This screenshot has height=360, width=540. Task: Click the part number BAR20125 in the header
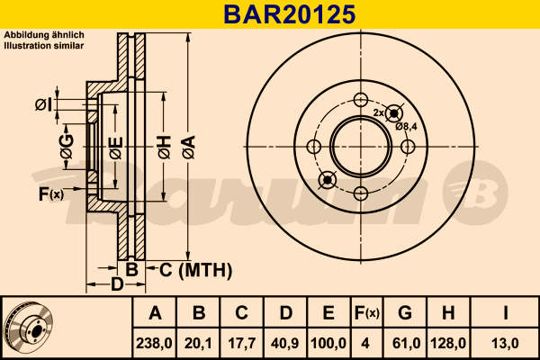(289, 14)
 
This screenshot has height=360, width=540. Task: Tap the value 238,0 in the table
(154, 344)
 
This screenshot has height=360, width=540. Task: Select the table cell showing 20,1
(198, 344)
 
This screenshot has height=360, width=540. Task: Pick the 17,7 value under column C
(242, 344)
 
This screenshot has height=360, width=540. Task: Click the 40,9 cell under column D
(285, 344)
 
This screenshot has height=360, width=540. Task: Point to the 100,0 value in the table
(328, 344)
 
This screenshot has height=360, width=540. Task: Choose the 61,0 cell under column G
(407, 344)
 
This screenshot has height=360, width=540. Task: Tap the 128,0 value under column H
(448, 344)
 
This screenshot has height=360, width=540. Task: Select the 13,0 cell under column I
(505, 344)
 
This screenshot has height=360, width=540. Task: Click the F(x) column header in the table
(367, 313)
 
